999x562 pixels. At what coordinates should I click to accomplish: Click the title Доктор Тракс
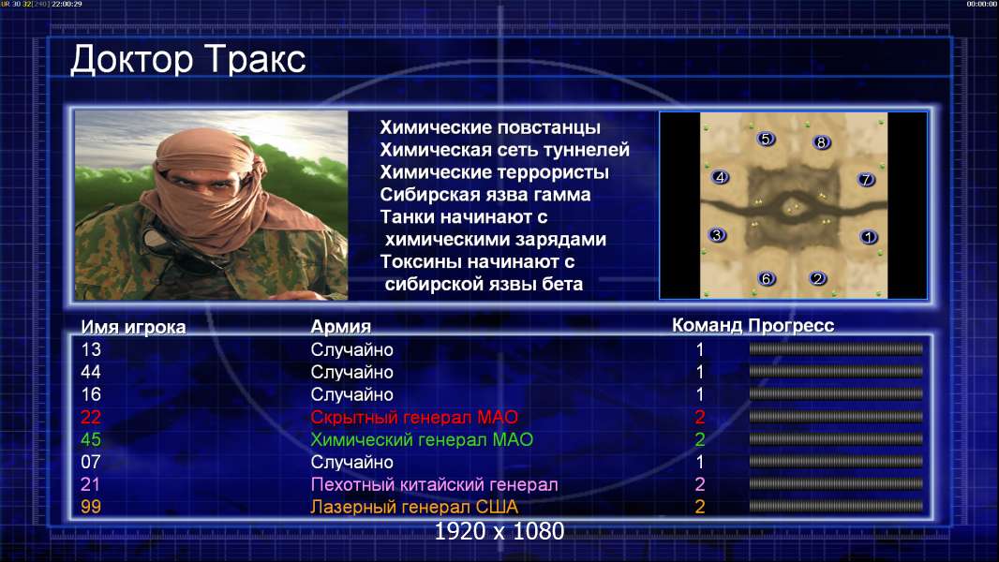click(x=188, y=60)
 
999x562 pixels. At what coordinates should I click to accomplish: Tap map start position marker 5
click(x=766, y=139)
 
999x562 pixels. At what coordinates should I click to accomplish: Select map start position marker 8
click(x=821, y=142)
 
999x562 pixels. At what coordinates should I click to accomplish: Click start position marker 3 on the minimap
click(x=718, y=235)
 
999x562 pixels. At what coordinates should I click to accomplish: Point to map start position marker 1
click(x=869, y=237)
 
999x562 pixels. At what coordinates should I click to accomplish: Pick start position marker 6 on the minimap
click(x=767, y=278)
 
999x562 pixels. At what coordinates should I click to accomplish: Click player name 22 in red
click(x=91, y=418)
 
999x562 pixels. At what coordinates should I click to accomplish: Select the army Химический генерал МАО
click(x=422, y=440)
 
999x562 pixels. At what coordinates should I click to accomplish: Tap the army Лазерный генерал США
click(x=414, y=508)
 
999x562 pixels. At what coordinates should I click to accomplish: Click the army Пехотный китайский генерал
click(x=435, y=485)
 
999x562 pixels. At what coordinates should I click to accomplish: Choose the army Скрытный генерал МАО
click(x=414, y=418)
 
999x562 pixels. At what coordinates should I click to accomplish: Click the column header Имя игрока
click(x=133, y=327)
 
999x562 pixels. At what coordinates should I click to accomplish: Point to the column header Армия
click(x=341, y=327)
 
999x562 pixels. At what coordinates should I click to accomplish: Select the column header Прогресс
click(x=791, y=326)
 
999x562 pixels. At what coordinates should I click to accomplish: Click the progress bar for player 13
click(x=836, y=348)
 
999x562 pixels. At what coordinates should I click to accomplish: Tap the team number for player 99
click(x=699, y=508)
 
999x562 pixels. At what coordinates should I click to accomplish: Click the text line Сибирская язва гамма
click(x=485, y=195)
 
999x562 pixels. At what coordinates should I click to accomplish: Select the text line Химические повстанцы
click(x=490, y=127)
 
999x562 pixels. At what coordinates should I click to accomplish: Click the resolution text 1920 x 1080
click(x=499, y=531)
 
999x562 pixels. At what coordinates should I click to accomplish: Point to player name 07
click(x=91, y=462)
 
